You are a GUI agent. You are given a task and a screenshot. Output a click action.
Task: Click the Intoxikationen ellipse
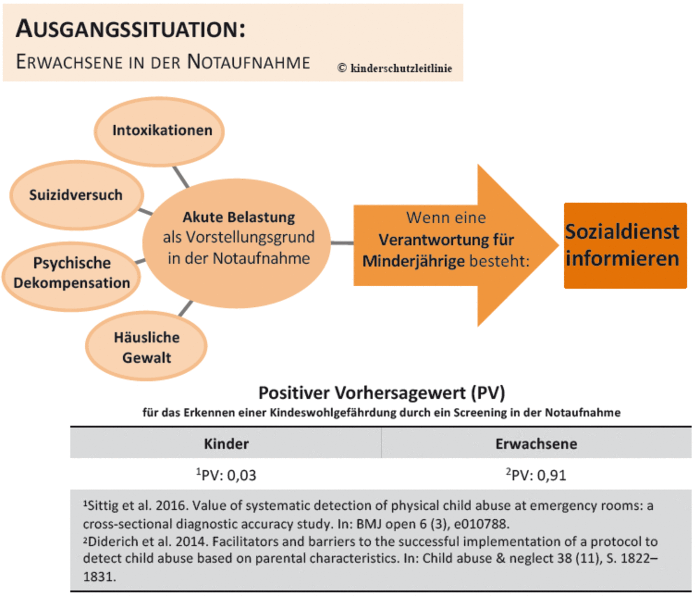[x=159, y=131]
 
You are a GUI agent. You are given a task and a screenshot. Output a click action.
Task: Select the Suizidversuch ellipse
[x=77, y=195]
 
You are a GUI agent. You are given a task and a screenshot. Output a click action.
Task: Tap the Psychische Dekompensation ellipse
[x=72, y=276]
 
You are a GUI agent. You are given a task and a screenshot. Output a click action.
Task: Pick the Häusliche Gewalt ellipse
[x=146, y=345]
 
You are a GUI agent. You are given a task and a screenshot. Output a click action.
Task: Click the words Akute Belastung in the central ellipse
[x=239, y=217]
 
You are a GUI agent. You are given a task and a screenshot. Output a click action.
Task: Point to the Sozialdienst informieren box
[x=625, y=245]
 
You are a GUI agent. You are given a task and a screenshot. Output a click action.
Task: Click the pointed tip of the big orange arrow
[x=558, y=245]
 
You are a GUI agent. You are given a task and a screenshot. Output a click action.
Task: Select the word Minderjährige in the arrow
[x=413, y=261]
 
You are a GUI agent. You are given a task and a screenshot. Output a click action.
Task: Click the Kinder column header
[x=226, y=443]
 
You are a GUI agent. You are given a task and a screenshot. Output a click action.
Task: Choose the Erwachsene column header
[x=536, y=443]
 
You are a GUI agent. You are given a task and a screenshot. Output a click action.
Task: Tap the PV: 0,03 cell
[x=226, y=475]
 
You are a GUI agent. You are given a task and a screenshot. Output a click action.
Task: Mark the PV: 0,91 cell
[x=536, y=475]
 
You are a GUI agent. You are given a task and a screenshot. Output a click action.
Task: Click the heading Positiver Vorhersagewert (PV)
[x=382, y=393]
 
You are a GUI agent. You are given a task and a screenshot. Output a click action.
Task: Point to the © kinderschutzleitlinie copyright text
[x=395, y=68]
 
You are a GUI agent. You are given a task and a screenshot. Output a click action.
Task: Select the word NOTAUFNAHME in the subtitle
[x=248, y=61]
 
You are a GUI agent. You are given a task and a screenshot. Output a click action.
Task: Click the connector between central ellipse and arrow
[x=342, y=243]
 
